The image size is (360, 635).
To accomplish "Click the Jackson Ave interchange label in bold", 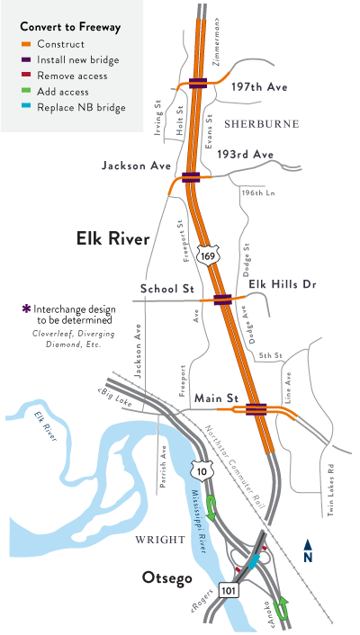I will coord(136,166).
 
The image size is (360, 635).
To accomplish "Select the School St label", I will coord(167,289).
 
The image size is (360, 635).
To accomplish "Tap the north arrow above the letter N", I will coord(308,543).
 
